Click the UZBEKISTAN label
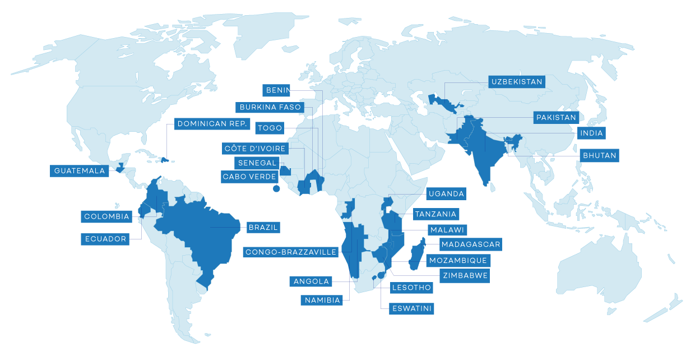click(x=517, y=82)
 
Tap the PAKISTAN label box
click(x=556, y=118)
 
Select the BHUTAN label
click(x=599, y=155)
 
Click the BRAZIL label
click(x=263, y=227)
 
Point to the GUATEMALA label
click(x=80, y=170)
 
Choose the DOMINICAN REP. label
click(x=211, y=123)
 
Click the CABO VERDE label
click(x=249, y=177)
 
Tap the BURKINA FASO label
click(x=270, y=107)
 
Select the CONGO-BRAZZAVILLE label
click(x=291, y=252)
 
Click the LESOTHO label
click(x=412, y=288)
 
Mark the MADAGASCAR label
click(x=470, y=244)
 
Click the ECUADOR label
click(x=106, y=239)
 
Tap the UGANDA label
click(x=446, y=194)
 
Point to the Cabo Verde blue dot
click(x=276, y=189)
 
